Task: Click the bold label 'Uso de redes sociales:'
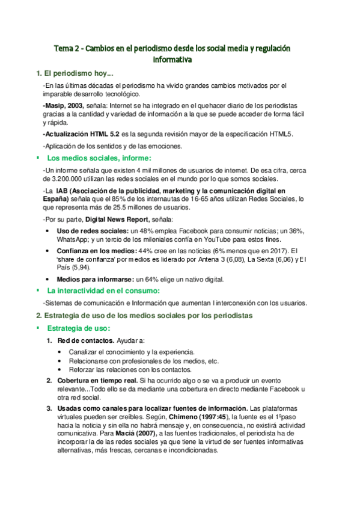coord(93,231)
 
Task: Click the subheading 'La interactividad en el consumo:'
coord(100,290)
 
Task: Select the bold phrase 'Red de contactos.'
coord(85,341)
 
